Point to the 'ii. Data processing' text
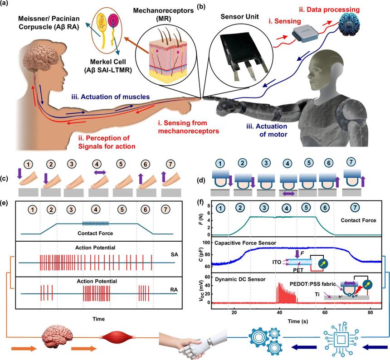click(323, 9)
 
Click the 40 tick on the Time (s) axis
click(279, 312)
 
